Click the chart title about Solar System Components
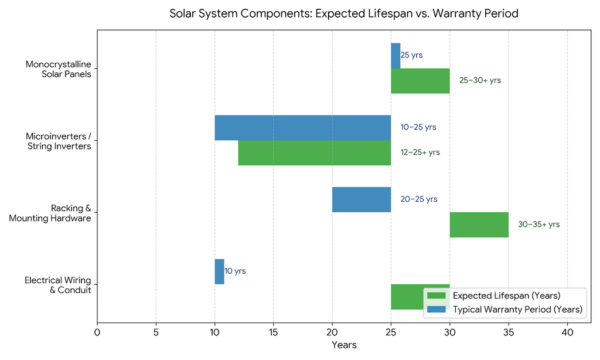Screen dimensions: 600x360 [x=343, y=13]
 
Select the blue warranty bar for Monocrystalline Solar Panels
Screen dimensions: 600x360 [x=396, y=56]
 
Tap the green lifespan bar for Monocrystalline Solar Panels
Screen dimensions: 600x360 [x=420, y=81]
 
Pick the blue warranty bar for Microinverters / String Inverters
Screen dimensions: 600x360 [x=303, y=128]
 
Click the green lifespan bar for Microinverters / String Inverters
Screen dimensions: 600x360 [x=315, y=153]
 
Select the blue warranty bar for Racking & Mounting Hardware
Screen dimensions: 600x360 [x=362, y=199]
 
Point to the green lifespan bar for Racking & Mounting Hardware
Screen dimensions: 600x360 [x=479, y=225]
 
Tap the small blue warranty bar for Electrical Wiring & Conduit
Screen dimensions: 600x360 [x=219, y=271]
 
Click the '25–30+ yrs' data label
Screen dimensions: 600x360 [x=480, y=80]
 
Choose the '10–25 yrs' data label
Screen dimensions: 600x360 [x=418, y=127]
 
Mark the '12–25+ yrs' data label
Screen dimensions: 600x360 [x=420, y=152]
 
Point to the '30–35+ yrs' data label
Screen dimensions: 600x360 [x=539, y=225]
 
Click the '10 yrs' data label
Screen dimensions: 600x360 [x=235, y=271]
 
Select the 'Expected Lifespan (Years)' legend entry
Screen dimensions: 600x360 [x=493, y=296]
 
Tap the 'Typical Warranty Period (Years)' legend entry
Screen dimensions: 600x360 [x=504, y=310]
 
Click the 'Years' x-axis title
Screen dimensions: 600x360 [x=344, y=345]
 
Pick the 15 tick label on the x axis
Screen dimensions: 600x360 [x=273, y=332]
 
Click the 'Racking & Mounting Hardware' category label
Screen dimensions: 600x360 [x=50, y=213]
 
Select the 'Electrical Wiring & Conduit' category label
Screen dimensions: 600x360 [x=58, y=286]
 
